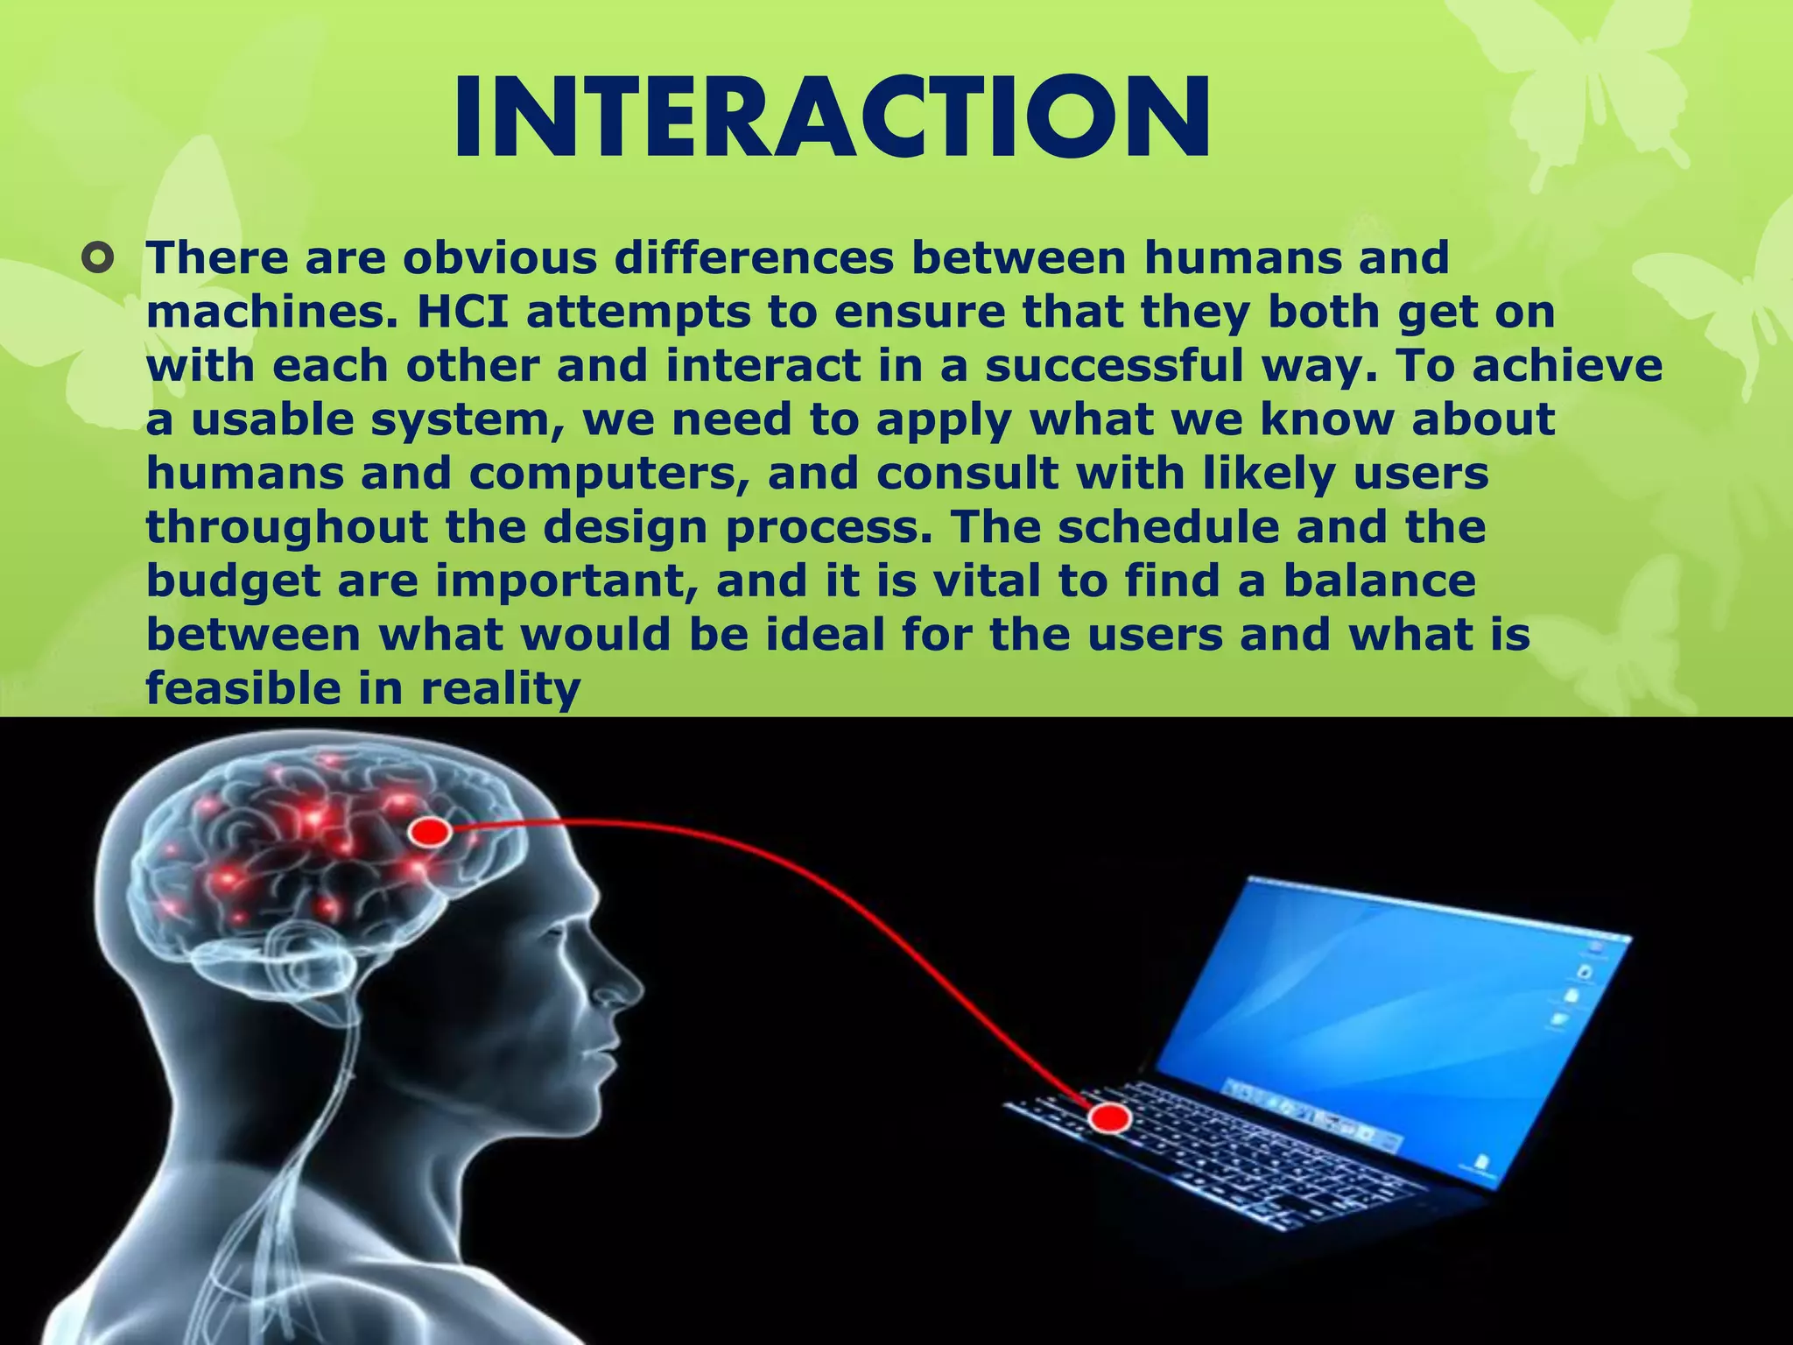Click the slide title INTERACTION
(833, 118)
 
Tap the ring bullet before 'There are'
(96, 258)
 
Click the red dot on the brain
(430, 832)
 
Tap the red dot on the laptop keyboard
(1110, 1118)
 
